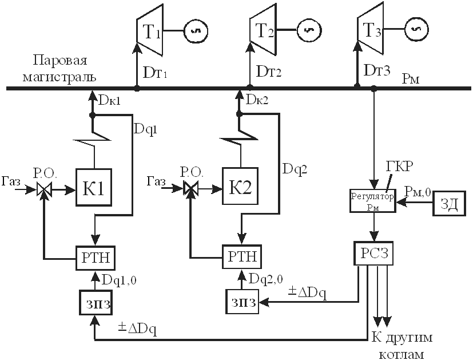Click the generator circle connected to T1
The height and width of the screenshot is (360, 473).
coord(196,31)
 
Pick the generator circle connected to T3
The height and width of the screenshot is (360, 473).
coord(416,29)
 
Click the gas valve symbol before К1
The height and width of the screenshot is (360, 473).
coord(45,190)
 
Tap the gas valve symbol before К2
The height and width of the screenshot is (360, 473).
coord(190,189)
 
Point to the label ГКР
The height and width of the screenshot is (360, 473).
coord(399,167)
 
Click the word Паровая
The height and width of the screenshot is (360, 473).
coord(60,61)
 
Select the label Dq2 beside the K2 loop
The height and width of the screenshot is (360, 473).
coord(295,169)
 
